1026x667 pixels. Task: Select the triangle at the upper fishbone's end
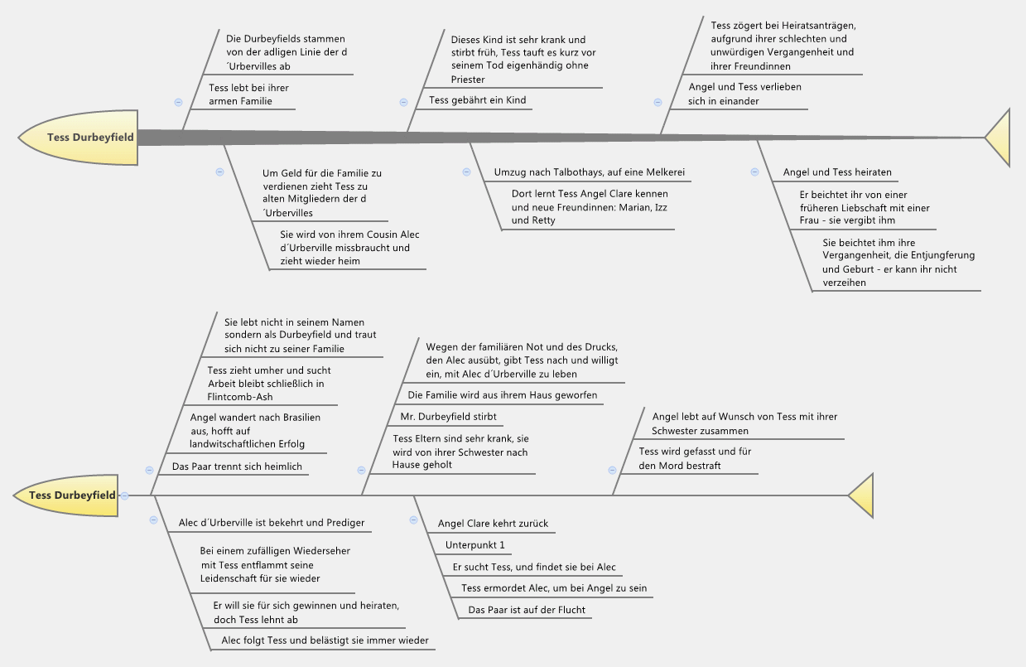pos(999,138)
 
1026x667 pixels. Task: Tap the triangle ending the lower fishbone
pos(862,495)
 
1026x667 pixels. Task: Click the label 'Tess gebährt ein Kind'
pos(477,100)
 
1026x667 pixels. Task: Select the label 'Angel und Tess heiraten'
pos(837,172)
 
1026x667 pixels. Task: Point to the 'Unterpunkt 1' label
pos(474,545)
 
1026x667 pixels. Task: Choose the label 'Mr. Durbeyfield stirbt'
pos(448,417)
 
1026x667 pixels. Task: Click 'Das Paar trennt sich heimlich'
pos(237,466)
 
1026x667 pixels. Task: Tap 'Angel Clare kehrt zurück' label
pos(493,524)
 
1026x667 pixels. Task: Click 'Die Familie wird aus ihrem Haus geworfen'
pos(502,395)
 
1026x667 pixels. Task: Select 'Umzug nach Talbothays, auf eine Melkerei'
pos(590,172)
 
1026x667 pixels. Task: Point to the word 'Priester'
pos(468,80)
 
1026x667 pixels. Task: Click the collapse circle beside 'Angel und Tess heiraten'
pos(754,172)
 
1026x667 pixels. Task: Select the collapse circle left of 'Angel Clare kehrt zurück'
pos(413,520)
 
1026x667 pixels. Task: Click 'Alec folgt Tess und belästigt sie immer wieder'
pos(325,640)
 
